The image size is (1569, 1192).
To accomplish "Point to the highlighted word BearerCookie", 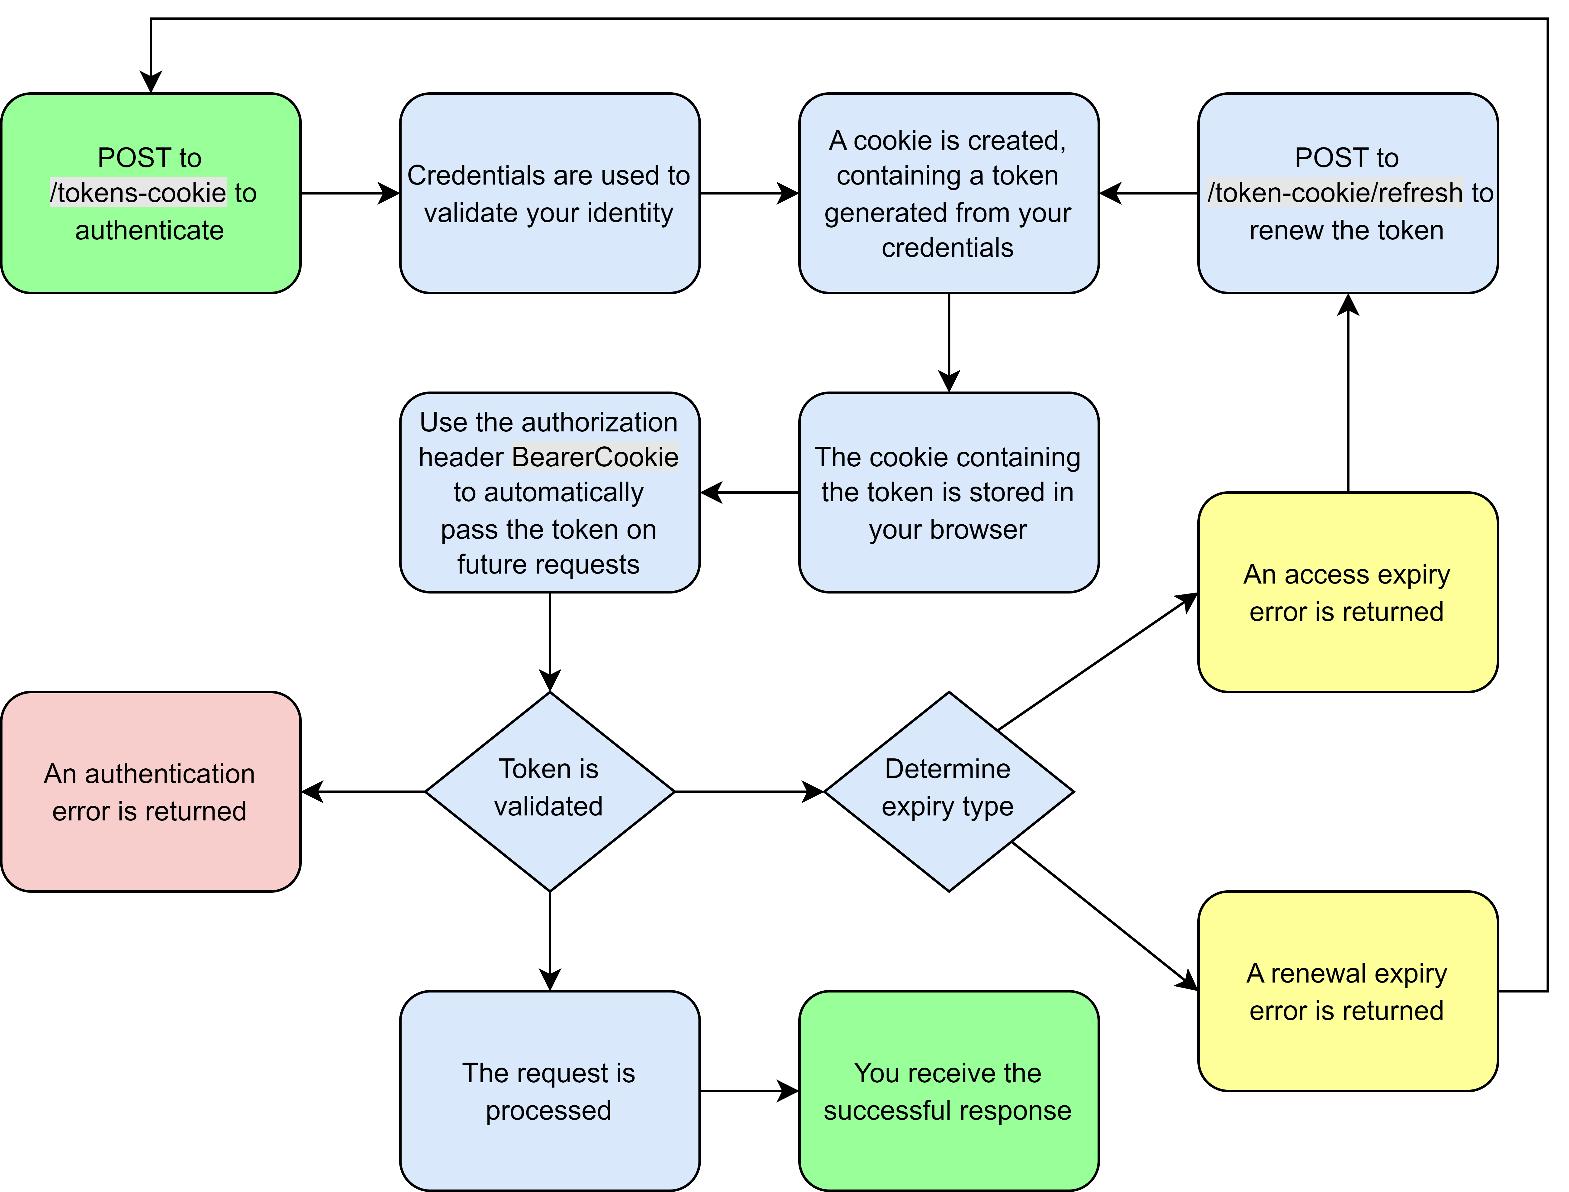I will coord(595,457).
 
